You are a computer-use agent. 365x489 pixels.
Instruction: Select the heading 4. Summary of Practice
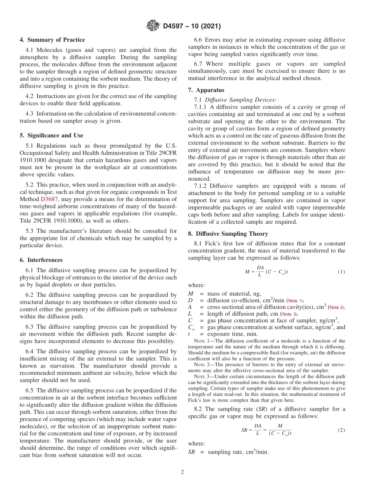coord(52,40)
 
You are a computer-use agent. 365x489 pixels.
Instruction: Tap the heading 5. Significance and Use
coord(51,135)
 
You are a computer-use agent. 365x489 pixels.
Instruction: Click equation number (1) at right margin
coord(341,272)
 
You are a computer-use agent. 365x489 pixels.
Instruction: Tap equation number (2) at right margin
coord(341,430)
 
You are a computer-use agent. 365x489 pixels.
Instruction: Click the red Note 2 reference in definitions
coord(337,307)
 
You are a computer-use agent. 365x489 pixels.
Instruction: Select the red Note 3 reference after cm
coord(290,314)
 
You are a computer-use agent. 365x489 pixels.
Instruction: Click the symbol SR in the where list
coord(192,452)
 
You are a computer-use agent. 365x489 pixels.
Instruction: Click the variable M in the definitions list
coord(191,294)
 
